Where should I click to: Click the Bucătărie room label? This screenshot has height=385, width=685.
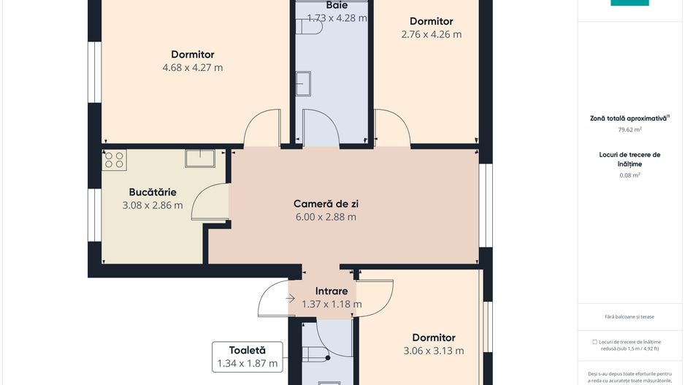tap(153, 191)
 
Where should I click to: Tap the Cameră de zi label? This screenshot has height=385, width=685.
tap(325, 203)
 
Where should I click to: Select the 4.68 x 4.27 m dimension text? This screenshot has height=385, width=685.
tap(193, 68)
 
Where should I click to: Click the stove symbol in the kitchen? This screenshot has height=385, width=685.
tap(115, 160)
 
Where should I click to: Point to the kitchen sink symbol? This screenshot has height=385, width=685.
tap(199, 158)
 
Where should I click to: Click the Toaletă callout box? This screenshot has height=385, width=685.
tap(247, 357)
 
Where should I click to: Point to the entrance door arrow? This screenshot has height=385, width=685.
tap(291, 298)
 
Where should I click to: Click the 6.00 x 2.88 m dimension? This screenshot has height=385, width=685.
tap(325, 217)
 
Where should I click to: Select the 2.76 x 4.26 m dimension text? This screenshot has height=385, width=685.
tap(431, 34)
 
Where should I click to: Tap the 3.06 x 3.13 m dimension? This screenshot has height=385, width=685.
tap(433, 351)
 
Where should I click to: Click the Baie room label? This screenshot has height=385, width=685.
tap(337, 5)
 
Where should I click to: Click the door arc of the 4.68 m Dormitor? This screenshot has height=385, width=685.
tap(260, 126)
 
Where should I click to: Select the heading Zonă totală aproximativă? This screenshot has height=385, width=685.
tap(629, 118)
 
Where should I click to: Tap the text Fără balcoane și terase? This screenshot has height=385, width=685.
tap(629, 316)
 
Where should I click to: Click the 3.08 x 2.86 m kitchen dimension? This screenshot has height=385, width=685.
tap(153, 205)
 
